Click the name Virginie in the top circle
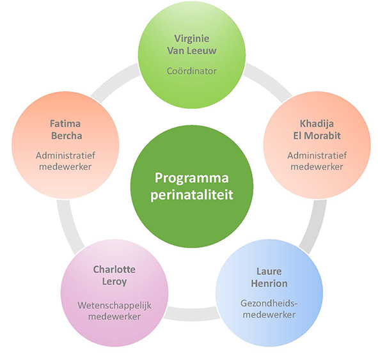[192, 38]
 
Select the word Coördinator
[192, 71]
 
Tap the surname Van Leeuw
[192, 51]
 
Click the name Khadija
[317, 124]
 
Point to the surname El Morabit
[317, 136]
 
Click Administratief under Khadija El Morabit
[317, 155]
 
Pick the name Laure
[269, 271]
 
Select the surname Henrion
[269, 283]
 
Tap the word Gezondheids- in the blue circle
[269, 303]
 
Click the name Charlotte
[114, 269]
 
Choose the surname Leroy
[114, 282]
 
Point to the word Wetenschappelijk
[114, 305]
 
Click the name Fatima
[65, 123]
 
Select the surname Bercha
[67, 136]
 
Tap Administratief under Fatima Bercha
[65, 155]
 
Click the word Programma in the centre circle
[192, 178]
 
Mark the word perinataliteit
[192, 194]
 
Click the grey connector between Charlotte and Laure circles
[192, 314]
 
